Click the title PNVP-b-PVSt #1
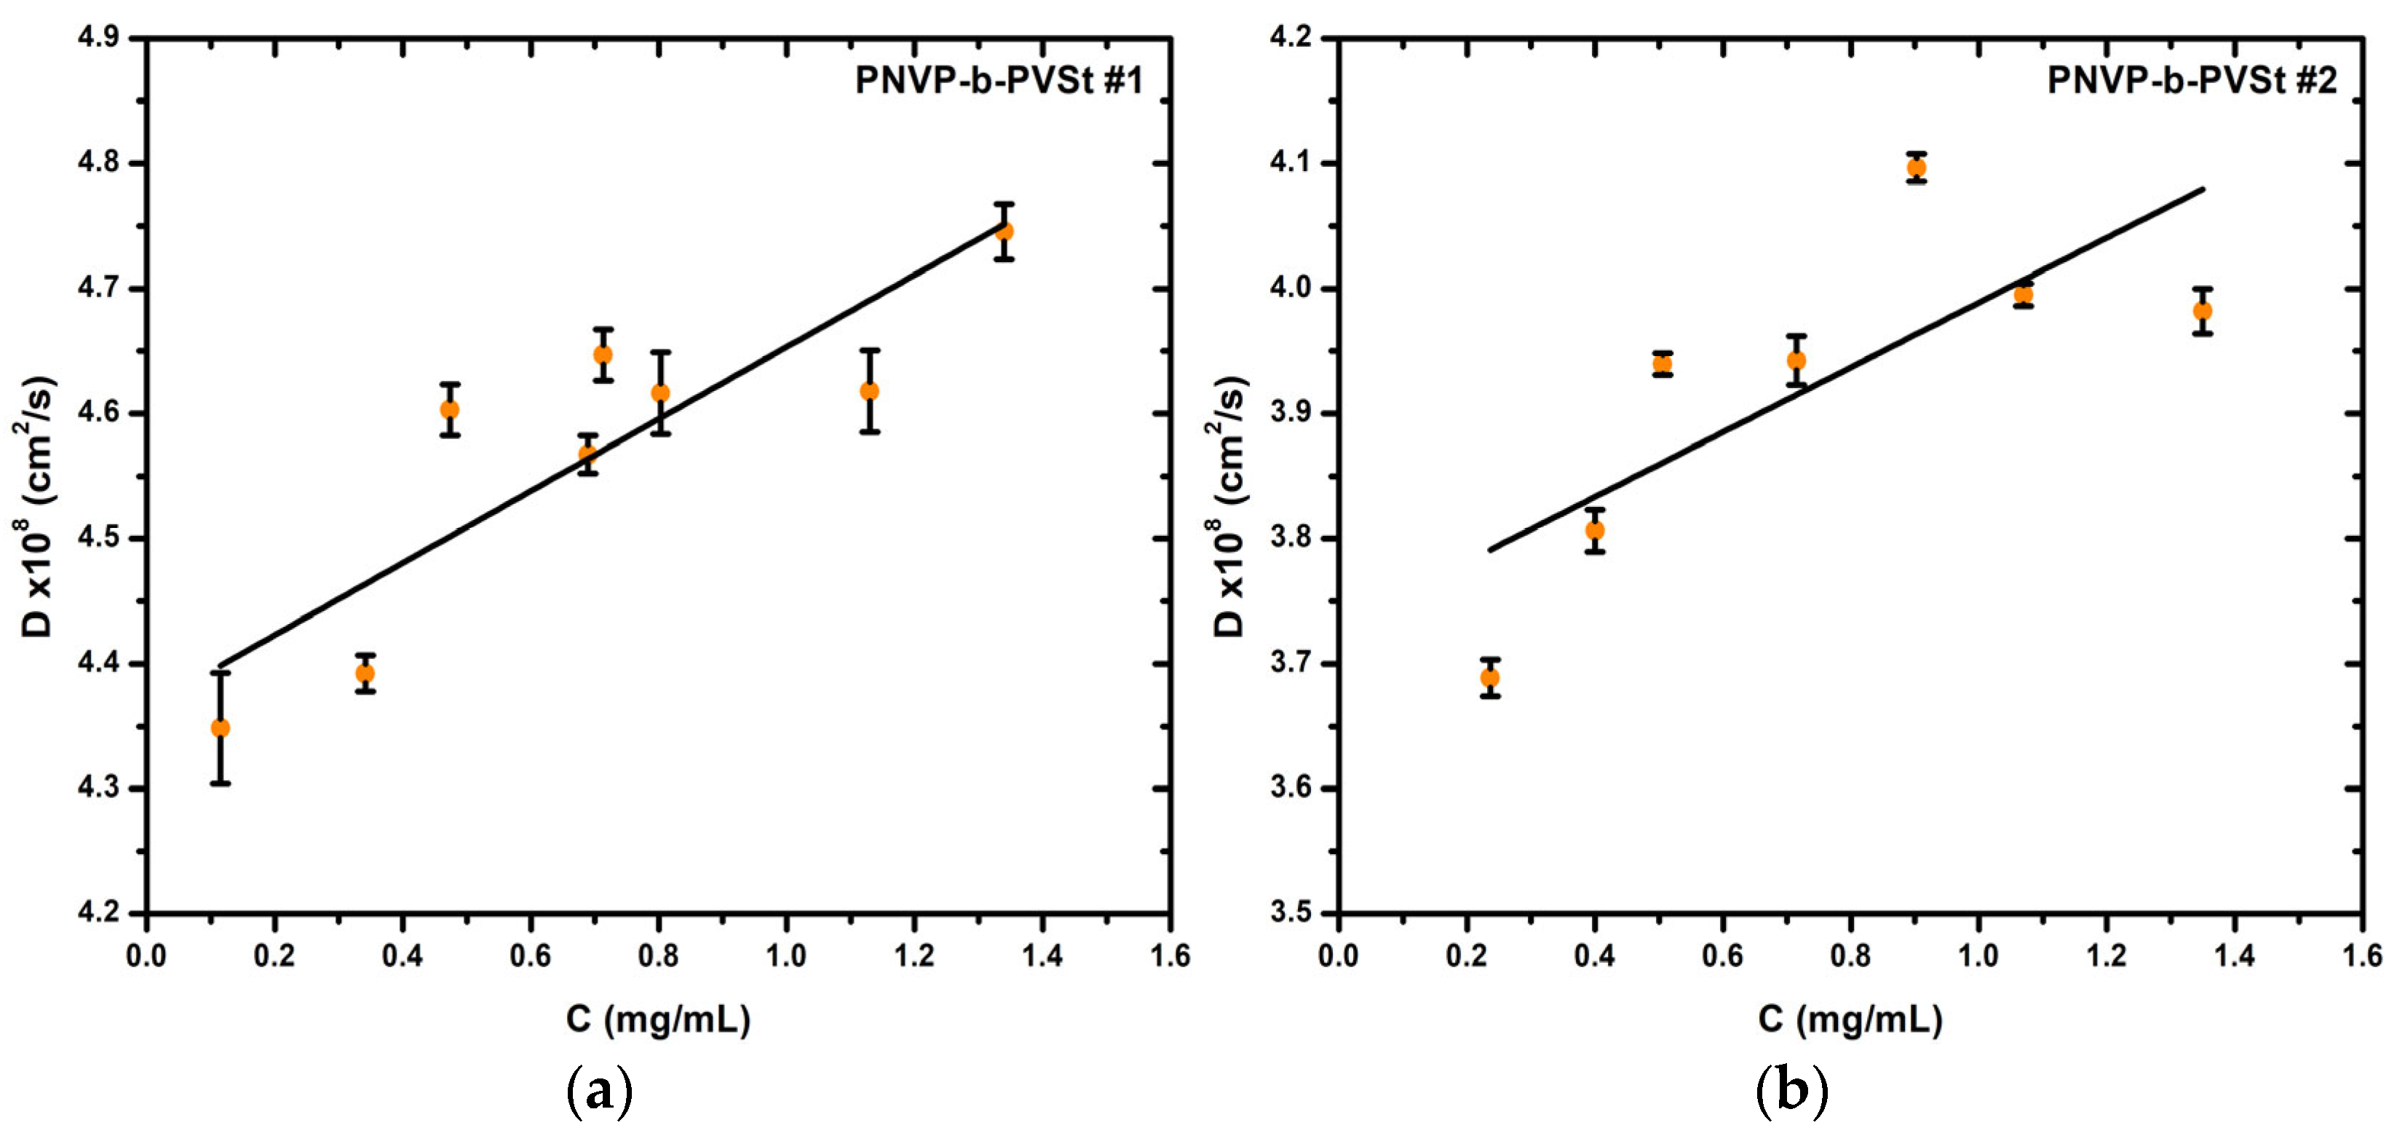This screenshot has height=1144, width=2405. click(x=999, y=82)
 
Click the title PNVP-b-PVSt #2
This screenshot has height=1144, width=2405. click(x=2192, y=82)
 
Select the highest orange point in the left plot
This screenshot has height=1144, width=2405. click(x=1004, y=231)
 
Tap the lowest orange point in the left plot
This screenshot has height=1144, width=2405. click(x=221, y=727)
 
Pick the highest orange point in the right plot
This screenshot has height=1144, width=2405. click(x=1917, y=168)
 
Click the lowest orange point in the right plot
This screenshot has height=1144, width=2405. click(x=1490, y=678)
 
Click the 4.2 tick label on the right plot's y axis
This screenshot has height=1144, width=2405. click(x=1291, y=39)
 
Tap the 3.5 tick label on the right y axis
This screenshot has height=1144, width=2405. click(x=1291, y=912)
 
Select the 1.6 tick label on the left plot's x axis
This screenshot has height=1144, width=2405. click(x=1170, y=955)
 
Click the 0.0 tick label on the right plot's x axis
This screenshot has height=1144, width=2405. click(x=1338, y=955)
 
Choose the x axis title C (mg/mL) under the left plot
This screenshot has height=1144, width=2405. click(x=658, y=1019)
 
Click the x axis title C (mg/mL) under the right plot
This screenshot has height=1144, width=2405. click(x=1850, y=1019)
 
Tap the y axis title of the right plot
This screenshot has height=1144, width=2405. click(x=1229, y=507)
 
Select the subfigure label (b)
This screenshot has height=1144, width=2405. click(x=1791, y=1090)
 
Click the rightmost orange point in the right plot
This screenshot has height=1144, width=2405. click(x=2203, y=311)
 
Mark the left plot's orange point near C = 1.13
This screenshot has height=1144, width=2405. click(x=869, y=391)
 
